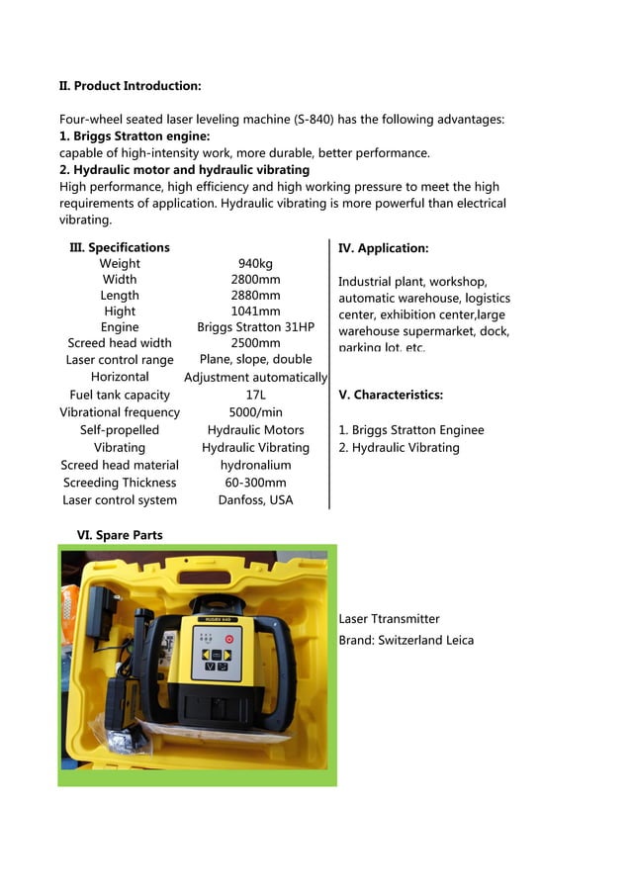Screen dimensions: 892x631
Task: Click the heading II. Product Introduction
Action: click(x=131, y=86)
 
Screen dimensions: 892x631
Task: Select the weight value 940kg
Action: click(x=255, y=264)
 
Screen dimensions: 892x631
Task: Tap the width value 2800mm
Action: click(x=255, y=280)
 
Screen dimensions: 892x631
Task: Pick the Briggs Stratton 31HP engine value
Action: click(x=255, y=327)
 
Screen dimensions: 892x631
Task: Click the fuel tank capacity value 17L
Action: click(x=255, y=396)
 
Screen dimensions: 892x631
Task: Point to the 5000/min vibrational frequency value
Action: click(x=255, y=412)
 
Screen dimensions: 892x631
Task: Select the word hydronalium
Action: click(x=255, y=465)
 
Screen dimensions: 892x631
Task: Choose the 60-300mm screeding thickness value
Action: click(x=255, y=483)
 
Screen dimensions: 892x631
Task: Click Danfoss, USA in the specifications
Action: click(x=255, y=500)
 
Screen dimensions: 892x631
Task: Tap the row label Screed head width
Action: click(x=120, y=343)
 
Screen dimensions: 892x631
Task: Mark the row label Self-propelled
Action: click(x=120, y=430)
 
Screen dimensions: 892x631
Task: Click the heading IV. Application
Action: click(x=384, y=248)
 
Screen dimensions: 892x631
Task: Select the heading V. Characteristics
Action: click(x=391, y=395)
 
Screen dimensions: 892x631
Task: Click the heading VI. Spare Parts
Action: click(x=120, y=535)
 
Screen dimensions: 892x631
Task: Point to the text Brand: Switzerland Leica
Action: click(x=406, y=641)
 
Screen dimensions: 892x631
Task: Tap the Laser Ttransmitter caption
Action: click(x=389, y=619)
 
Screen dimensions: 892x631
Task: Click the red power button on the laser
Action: click(x=228, y=639)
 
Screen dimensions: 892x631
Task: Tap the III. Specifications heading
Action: click(x=120, y=247)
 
